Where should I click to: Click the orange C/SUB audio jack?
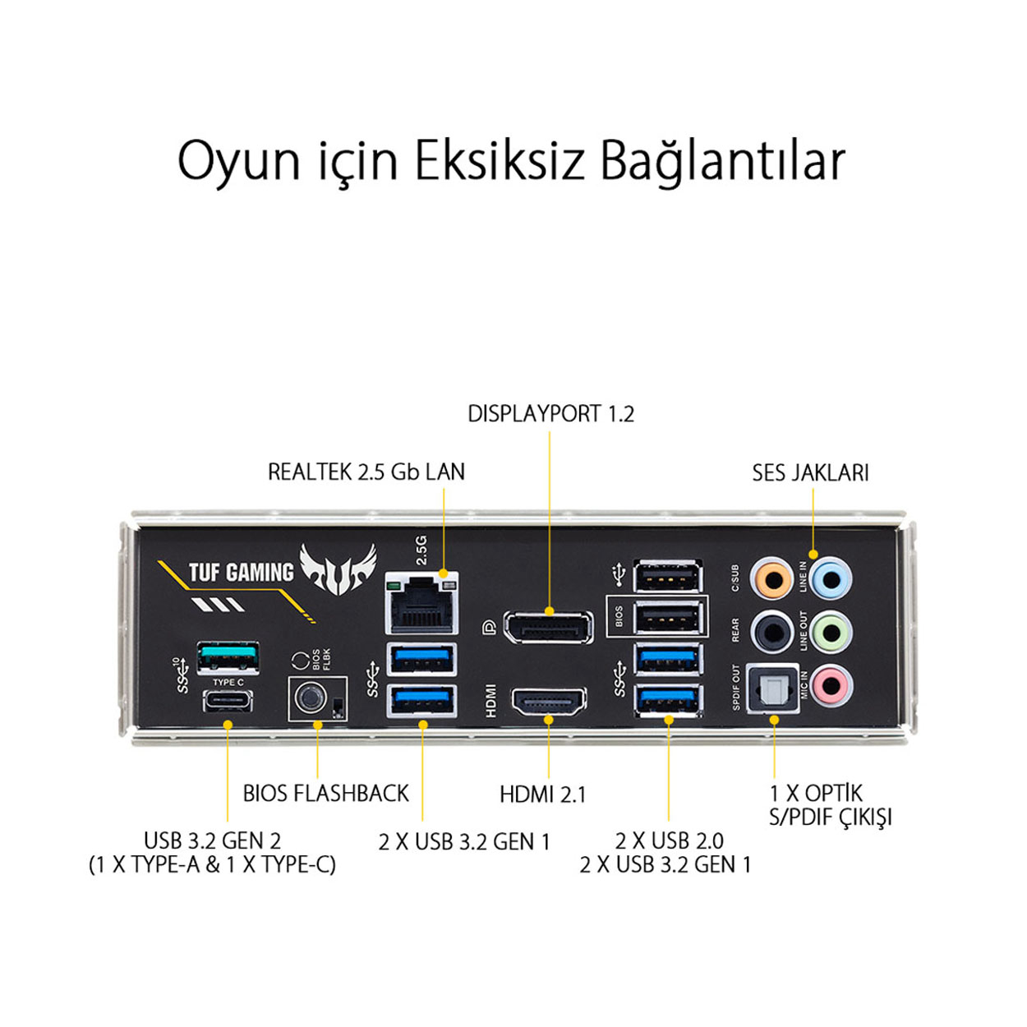click(771, 578)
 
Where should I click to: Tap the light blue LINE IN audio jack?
click(831, 578)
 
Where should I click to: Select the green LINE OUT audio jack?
click(831, 633)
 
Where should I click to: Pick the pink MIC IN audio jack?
click(831, 685)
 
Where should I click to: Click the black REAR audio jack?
click(771, 633)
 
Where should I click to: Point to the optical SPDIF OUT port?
click(772, 688)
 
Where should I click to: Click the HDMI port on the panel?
click(549, 702)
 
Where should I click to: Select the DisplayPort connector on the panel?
click(548, 628)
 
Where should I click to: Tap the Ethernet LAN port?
click(421, 603)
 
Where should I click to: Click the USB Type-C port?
click(228, 701)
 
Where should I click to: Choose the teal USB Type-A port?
click(228, 657)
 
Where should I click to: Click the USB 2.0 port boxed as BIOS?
click(668, 619)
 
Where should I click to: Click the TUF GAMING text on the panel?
click(241, 573)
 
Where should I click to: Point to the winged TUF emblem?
click(338, 569)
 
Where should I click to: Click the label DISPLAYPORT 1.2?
click(550, 414)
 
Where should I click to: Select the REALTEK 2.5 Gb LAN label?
click(366, 472)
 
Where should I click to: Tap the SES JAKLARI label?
click(810, 472)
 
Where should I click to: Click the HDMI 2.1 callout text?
click(542, 794)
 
